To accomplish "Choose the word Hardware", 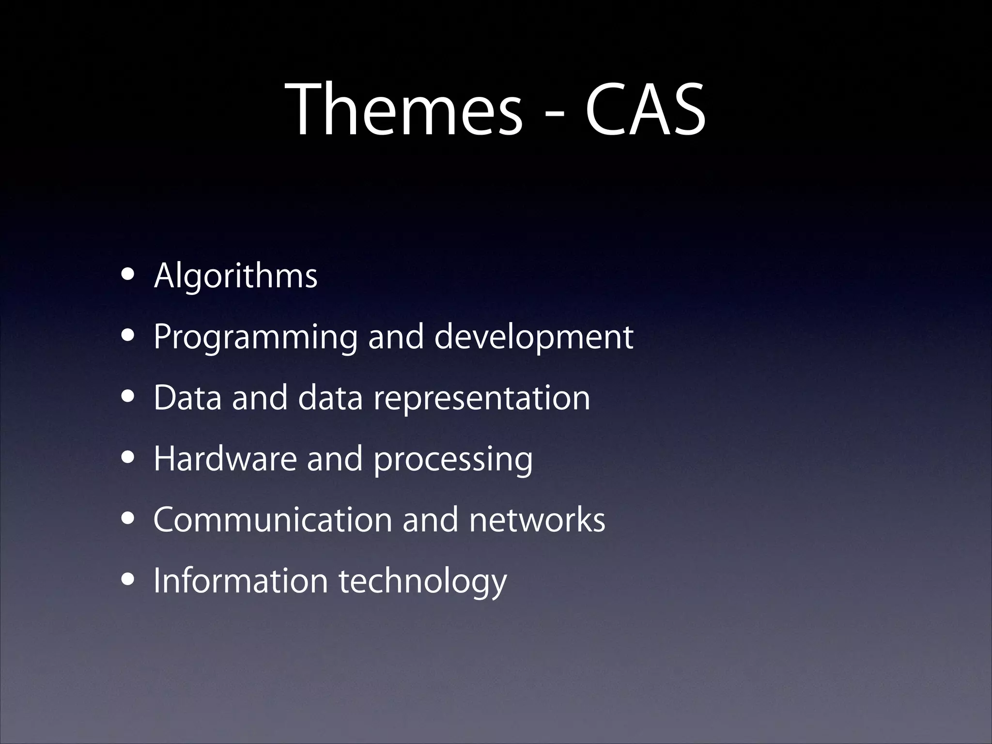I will [225, 459].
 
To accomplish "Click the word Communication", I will [272, 520].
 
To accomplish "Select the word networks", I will [537, 520].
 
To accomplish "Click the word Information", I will [241, 580].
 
